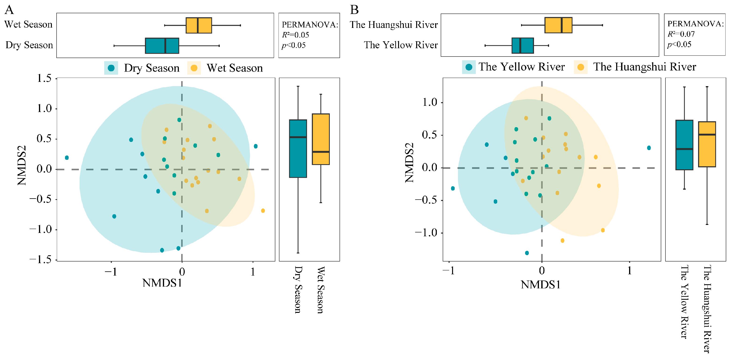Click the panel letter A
(x=9, y=10)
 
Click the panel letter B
(x=354, y=10)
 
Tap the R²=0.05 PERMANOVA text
(x=295, y=35)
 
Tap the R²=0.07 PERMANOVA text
(x=681, y=34)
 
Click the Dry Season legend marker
(x=111, y=68)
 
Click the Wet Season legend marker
(x=194, y=68)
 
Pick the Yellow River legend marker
(x=469, y=67)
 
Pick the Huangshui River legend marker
(x=581, y=67)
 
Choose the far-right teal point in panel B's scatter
(x=649, y=148)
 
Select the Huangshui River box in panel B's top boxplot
(x=558, y=25)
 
